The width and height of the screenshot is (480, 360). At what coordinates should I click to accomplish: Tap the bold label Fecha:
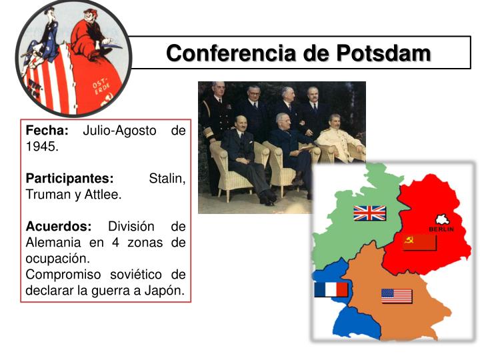(x=47, y=130)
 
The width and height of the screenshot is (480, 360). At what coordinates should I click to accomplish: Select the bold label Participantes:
(x=70, y=179)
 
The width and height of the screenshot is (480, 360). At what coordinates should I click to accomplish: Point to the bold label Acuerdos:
(x=58, y=227)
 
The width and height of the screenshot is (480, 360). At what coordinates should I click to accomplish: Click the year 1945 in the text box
(x=41, y=146)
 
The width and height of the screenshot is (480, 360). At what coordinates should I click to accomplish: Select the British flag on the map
(x=369, y=213)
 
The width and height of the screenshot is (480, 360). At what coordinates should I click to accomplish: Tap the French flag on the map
(x=331, y=289)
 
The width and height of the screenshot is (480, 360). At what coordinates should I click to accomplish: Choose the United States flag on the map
(x=397, y=296)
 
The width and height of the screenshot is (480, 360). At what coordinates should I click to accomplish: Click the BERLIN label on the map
(x=441, y=229)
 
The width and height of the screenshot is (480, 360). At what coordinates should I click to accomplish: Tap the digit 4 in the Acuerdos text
(x=115, y=243)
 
